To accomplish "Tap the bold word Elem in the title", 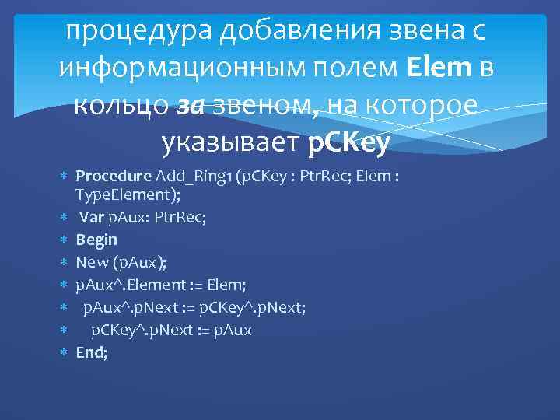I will coord(439,68).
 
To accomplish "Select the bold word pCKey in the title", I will coord(349,142).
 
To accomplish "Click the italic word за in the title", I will coord(191,106).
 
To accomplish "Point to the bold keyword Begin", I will coord(96,240).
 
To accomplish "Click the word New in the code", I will coord(92,262).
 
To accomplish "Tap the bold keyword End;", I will coord(92,352).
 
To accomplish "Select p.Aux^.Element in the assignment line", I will coord(131,285).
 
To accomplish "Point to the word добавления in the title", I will coord(270,32).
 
